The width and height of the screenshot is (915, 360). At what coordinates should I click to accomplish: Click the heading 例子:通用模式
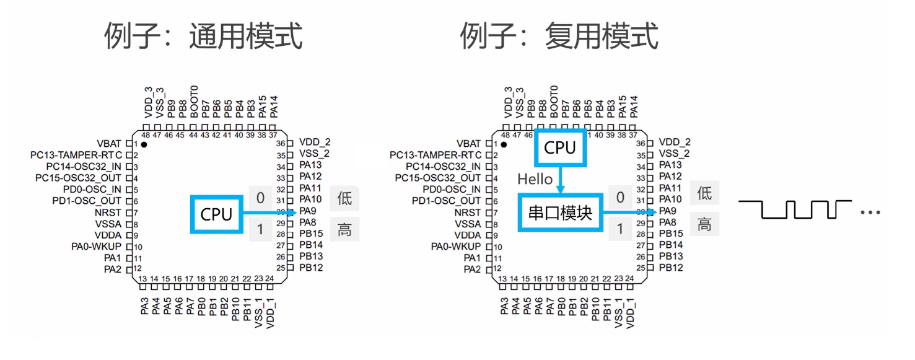[203, 37]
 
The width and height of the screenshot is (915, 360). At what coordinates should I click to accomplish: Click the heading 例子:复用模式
[559, 37]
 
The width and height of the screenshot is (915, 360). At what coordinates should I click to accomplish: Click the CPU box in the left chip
[216, 214]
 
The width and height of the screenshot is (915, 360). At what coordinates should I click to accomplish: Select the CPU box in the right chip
[560, 148]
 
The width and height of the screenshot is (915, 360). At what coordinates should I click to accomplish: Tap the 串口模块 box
[560, 213]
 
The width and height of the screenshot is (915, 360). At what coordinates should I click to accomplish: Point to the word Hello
[535, 179]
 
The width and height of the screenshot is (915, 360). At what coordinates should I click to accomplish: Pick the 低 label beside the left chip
[344, 198]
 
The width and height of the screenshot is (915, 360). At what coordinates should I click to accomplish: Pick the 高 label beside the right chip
[704, 224]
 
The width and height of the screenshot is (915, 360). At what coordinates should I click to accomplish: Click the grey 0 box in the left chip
[260, 198]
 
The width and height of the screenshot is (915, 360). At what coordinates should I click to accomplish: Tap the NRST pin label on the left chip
[109, 213]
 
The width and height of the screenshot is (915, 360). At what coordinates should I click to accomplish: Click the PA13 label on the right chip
[670, 165]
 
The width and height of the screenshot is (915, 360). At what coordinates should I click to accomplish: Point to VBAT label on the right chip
[468, 143]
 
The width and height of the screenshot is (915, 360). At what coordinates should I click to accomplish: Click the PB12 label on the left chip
[311, 268]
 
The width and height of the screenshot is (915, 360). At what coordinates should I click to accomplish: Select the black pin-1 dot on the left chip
[144, 144]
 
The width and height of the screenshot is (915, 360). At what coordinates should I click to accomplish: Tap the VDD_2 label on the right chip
[675, 142]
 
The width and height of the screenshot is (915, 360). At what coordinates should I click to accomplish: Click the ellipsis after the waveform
[870, 213]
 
